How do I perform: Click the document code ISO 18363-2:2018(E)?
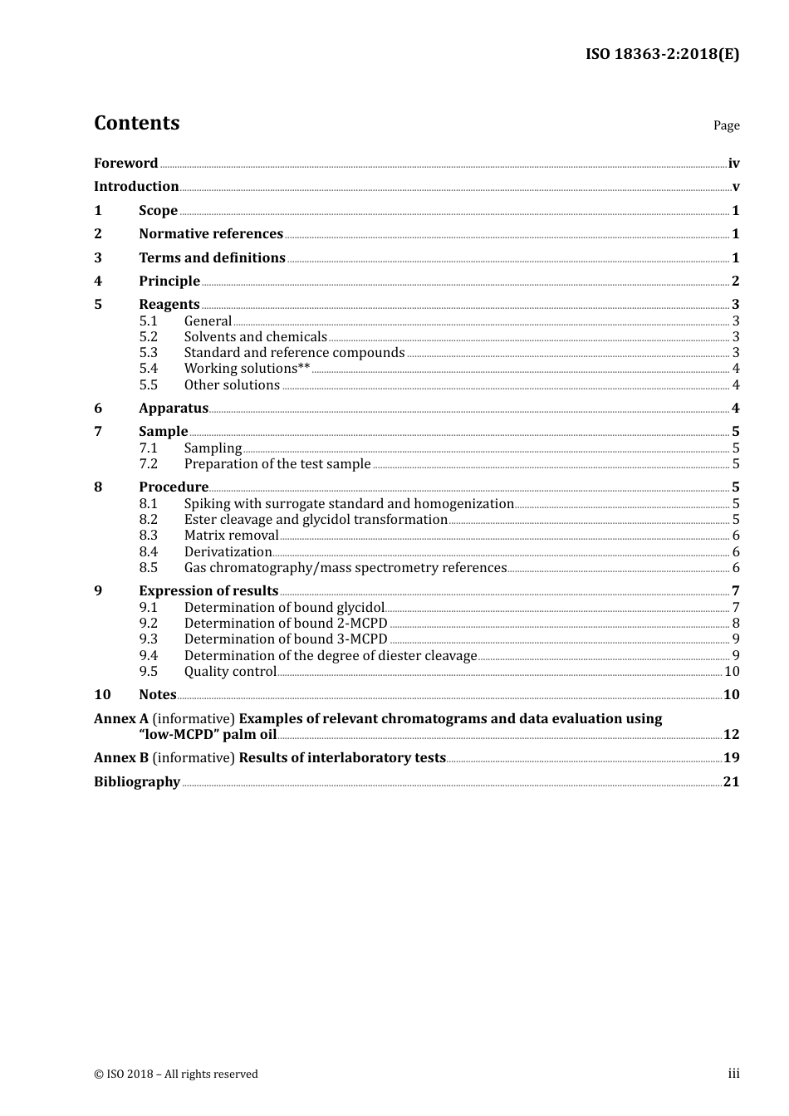pyautogui.click(x=662, y=54)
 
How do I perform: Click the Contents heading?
pyautogui.click(x=136, y=123)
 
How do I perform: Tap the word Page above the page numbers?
pyautogui.click(x=726, y=125)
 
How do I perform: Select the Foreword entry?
pyautogui.click(x=125, y=164)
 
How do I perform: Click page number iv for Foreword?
pyautogui.click(x=733, y=164)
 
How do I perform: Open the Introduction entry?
pyautogui.click(x=136, y=187)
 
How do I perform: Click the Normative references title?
pyautogui.click(x=211, y=234)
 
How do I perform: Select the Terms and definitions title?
pyautogui.click(x=212, y=258)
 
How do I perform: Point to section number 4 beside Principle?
pyautogui.click(x=98, y=281)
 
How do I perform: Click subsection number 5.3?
pyautogui.click(x=148, y=353)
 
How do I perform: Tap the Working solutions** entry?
pyautogui.click(x=247, y=369)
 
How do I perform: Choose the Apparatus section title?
pyautogui.click(x=174, y=409)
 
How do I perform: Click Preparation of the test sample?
pyautogui.click(x=277, y=464)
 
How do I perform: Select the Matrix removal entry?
pyautogui.click(x=231, y=536)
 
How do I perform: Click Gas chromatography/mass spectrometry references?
pyautogui.click(x=345, y=568)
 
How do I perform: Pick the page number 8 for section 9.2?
pyautogui.click(x=735, y=624)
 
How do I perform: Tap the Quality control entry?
pyautogui.click(x=230, y=672)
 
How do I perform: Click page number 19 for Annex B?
pyautogui.click(x=731, y=758)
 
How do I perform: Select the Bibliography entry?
pyautogui.click(x=137, y=782)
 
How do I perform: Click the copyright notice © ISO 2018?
pyautogui.click(x=176, y=1074)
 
